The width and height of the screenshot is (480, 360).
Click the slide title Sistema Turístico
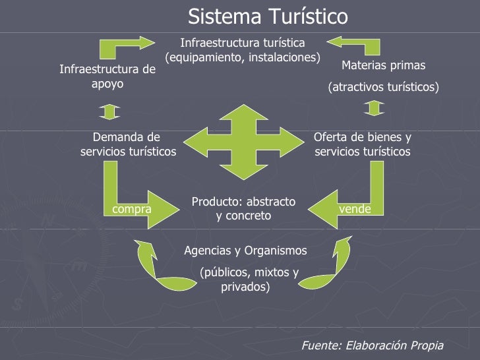pos(268,16)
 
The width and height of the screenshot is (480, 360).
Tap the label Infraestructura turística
pos(243,43)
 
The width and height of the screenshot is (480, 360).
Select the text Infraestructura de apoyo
pos(107,76)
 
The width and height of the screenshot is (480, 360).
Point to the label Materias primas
pos(383,65)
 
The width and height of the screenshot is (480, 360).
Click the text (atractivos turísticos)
pos(383,87)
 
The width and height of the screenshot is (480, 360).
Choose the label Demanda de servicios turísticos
pos(128,144)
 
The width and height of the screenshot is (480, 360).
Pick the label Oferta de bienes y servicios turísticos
pos(362,144)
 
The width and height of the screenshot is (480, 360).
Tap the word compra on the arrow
pos(132,209)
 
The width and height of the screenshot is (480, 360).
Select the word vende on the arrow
pos(355,209)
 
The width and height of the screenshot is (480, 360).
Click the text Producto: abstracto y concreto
pos(243,208)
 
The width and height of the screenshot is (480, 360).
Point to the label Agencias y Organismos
pos(245,251)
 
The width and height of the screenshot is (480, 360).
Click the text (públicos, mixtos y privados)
pos(249,280)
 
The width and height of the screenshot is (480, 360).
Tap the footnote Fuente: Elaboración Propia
pos(372,345)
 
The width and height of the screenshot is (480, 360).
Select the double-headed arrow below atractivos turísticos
pos(374,107)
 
